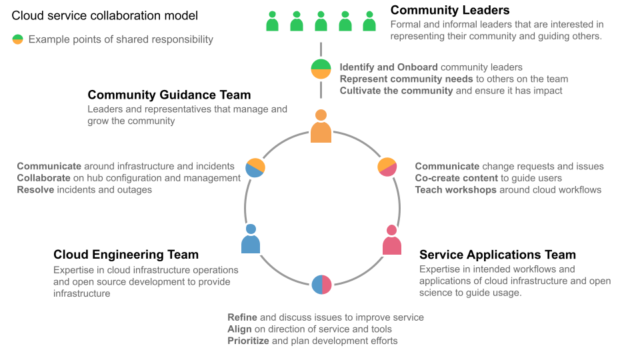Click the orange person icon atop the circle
pos(321,127)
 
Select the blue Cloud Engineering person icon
pos(251,239)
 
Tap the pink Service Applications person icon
pos(392,241)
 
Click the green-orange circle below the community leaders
pos(321,69)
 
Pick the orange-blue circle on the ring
pos(255,167)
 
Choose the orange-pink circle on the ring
pos(387,167)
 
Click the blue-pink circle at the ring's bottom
pos(321,284)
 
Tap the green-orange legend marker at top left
pos(17,39)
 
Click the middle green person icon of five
pos(321,21)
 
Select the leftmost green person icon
pos(272,21)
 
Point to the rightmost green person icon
pos(369,21)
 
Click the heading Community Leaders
pos(450,10)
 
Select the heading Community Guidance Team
pos(169,95)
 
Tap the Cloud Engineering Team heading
pos(126,255)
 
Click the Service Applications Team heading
pos(497,255)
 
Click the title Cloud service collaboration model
pos(105,15)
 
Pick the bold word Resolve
pos(36,190)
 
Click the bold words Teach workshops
pos(456,190)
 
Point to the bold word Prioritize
pos(248,341)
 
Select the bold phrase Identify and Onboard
pos(389,67)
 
